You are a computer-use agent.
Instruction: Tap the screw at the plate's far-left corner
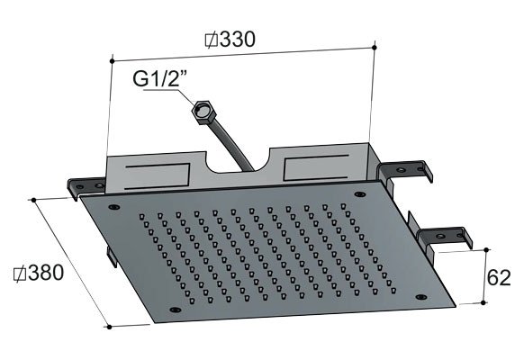[113, 207]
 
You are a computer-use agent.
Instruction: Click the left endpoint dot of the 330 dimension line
[112, 61]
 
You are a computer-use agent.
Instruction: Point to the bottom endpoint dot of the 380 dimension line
[109, 327]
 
